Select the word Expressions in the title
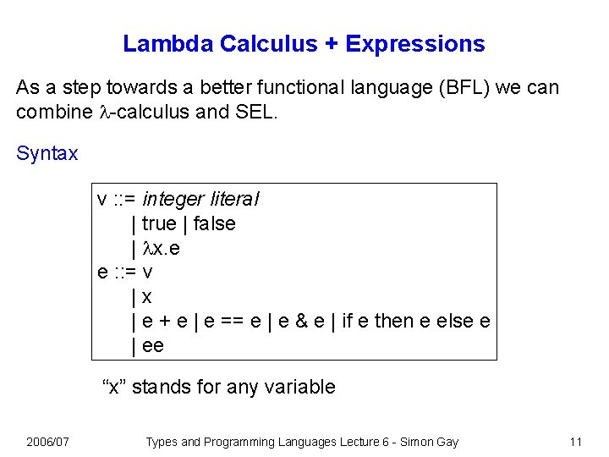415,44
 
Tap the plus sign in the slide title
332,44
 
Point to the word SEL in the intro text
254,111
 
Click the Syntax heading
47,154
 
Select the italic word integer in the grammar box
173,200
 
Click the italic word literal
232,200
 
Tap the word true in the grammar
159,224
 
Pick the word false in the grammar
214,224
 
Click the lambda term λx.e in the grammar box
161,249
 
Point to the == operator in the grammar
229,322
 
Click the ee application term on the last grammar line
153,345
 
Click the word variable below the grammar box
302,388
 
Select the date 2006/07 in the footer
48,442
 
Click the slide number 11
576,442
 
